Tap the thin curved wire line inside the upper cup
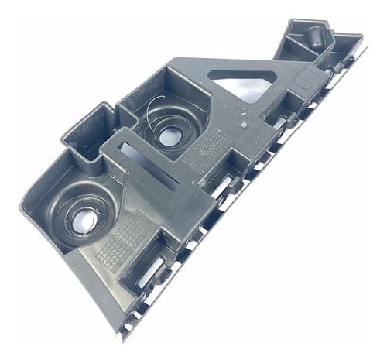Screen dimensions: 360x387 point(152,124)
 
